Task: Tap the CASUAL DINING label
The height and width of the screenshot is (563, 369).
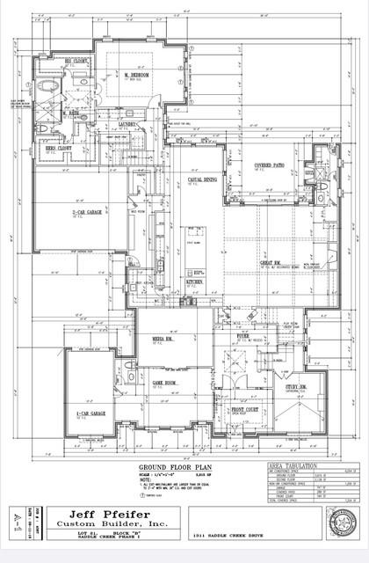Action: (x=202, y=179)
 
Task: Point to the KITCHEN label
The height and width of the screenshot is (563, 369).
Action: (x=194, y=282)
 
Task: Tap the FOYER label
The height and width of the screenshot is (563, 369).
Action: (x=242, y=334)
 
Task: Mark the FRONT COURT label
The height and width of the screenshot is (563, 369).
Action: (x=244, y=409)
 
